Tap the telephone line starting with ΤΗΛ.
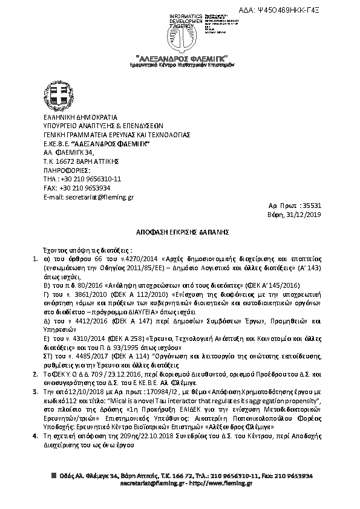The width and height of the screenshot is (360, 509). coord(79,179)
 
